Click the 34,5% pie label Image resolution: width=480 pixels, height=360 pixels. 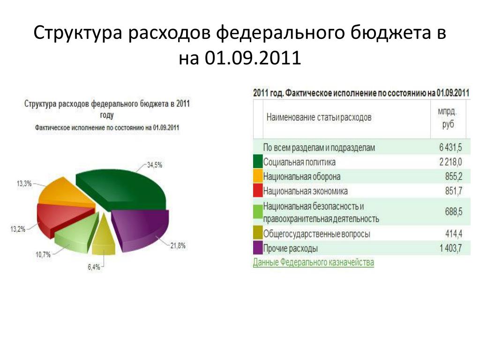(x=155, y=165)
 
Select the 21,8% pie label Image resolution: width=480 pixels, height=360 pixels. (x=178, y=246)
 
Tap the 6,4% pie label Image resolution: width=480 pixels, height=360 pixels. (x=94, y=267)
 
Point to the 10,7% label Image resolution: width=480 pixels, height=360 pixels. (x=43, y=255)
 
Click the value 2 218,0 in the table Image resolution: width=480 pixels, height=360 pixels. (x=450, y=162)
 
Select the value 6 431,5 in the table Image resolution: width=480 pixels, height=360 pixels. (x=450, y=147)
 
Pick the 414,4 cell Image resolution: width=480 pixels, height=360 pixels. (x=454, y=234)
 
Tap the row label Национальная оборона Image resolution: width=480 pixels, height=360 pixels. (x=302, y=177)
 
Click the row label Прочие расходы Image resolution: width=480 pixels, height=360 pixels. (x=291, y=248)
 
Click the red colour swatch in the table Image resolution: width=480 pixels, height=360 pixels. (x=258, y=190)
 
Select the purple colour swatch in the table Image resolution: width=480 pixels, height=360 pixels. (x=258, y=248)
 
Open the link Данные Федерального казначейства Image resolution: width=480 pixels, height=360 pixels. (x=314, y=262)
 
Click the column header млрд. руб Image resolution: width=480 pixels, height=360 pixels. (x=447, y=118)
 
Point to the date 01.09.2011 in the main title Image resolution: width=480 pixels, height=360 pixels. (x=253, y=57)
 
